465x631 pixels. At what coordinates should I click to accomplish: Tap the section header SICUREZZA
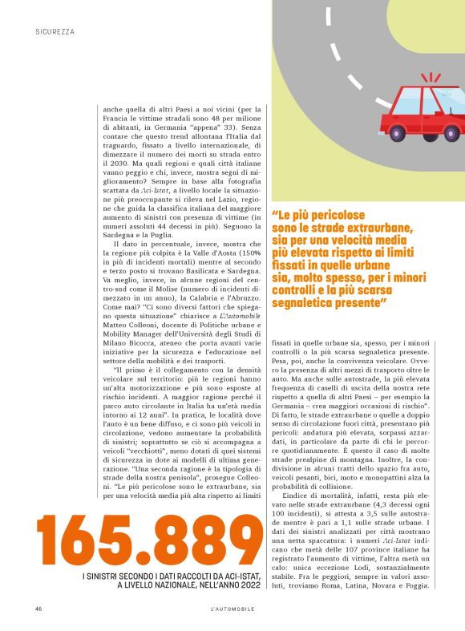click(55, 32)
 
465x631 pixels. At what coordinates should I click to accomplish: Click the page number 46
click(38, 609)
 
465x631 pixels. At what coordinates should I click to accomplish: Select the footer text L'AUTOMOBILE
click(232, 609)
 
